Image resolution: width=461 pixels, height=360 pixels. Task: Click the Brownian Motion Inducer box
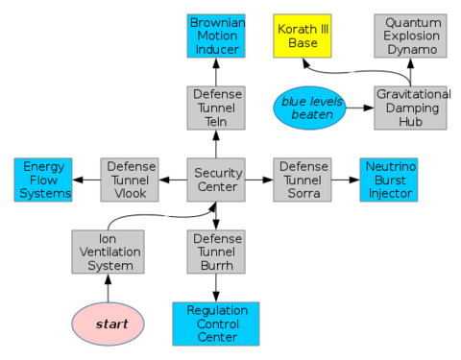[x=216, y=36]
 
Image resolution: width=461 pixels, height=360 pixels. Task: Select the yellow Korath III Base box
[x=303, y=36]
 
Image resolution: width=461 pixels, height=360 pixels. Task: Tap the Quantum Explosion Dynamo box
[x=411, y=36]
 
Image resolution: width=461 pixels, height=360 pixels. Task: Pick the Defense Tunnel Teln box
[x=216, y=108]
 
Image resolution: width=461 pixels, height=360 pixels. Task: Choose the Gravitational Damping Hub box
[x=411, y=108]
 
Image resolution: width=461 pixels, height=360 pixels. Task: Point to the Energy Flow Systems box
[x=44, y=180]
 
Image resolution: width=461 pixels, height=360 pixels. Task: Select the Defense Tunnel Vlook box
[x=130, y=180]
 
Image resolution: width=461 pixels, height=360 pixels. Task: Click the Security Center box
[x=216, y=180]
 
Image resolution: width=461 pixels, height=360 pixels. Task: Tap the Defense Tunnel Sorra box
[x=303, y=180]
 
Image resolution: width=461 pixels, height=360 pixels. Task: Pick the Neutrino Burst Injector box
[x=389, y=180]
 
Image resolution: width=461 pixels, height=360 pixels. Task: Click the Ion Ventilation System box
[x=108, y=252]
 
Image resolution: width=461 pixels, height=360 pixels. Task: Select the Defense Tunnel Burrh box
[x=216, y=252]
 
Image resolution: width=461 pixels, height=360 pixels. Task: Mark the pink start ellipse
[x=109, y=324]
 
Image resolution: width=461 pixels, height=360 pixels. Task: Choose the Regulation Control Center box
[x=216, y=324]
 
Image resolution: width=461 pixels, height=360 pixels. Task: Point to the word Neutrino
[x=389, y=166]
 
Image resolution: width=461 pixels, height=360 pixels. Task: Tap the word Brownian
[x=216, y=22]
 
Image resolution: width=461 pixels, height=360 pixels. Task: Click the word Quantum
[x=411, y=22]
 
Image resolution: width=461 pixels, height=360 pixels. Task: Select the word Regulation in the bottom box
[x=216, y=310]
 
